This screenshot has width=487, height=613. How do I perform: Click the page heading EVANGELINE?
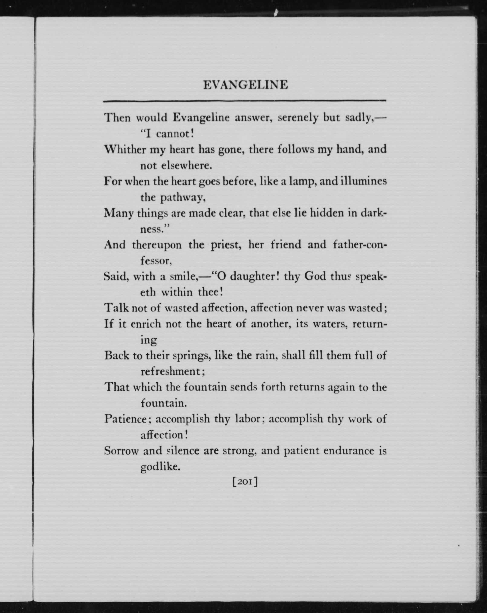click(245, 85)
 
